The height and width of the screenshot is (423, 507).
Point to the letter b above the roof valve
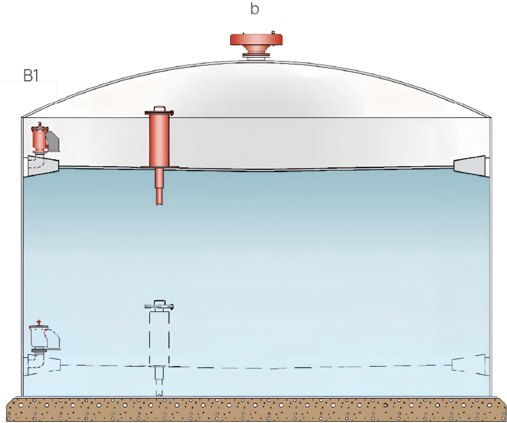point(254,8)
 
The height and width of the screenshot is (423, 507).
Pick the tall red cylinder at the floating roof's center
point(158,139)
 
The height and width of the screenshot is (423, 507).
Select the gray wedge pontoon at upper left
point(44,165)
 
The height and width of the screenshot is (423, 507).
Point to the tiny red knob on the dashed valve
point(39,321)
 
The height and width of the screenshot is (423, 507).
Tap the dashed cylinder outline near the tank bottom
point(159,337)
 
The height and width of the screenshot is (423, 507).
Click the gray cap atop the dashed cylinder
point(159,304)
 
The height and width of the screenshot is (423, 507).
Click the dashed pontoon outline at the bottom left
point(44,365)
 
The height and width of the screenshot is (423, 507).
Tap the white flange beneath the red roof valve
point(256,56)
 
